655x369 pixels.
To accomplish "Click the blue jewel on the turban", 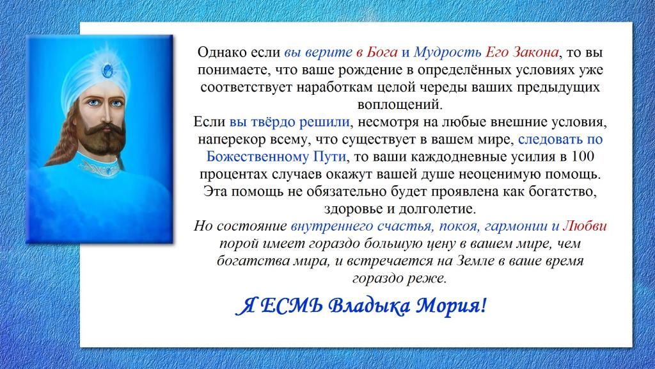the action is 107,70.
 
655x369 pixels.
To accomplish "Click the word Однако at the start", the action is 221,53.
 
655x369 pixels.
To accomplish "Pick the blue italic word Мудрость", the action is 447,53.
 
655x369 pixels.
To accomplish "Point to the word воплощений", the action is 400,104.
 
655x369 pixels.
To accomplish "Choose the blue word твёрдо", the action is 272,122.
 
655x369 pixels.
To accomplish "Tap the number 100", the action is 583,156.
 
